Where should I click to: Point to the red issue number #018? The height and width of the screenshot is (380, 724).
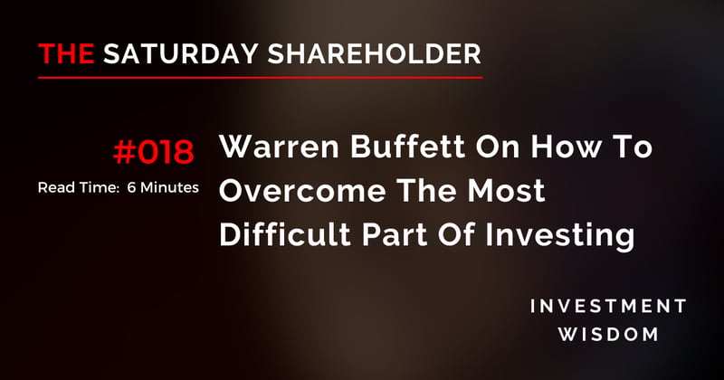coord(153,153)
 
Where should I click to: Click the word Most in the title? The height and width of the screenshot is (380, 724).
coord(507,193)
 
